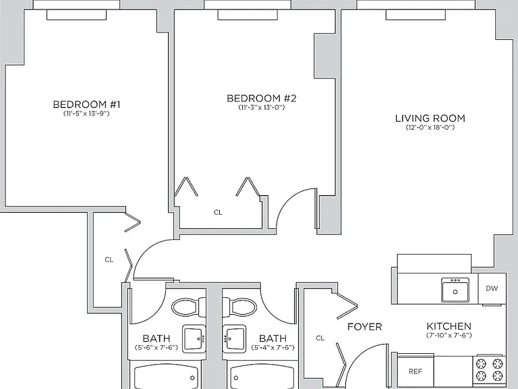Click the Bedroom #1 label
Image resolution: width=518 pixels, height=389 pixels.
(86, 105)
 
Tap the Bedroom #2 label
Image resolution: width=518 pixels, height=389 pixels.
(261, 98)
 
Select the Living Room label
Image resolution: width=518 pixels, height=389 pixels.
(430, 118)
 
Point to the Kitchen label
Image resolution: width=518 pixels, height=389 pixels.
(449, 326)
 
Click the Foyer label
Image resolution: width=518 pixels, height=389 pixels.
(365, 327)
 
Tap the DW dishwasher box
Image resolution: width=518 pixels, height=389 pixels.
(492, 288)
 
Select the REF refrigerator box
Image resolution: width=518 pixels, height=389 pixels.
(415, 371)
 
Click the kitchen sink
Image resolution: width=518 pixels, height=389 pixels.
(455, 290)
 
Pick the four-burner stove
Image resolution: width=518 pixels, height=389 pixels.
(489, 370)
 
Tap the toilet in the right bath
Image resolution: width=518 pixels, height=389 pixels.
(239, 307)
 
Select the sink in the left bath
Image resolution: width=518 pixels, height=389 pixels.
(194, 338)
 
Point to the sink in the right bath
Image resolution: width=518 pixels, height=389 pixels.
(234, 338)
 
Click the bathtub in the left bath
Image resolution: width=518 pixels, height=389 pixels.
(166, 376)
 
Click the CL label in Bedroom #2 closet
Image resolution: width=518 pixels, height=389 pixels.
(218, 212)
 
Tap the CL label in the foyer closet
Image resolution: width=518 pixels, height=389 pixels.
(320, 338)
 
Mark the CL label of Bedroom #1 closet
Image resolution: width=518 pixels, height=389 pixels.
(109, 259)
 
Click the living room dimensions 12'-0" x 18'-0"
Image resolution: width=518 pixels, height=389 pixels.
(430, 128)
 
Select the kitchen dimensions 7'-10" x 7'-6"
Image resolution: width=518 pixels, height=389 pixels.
(449, 336)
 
